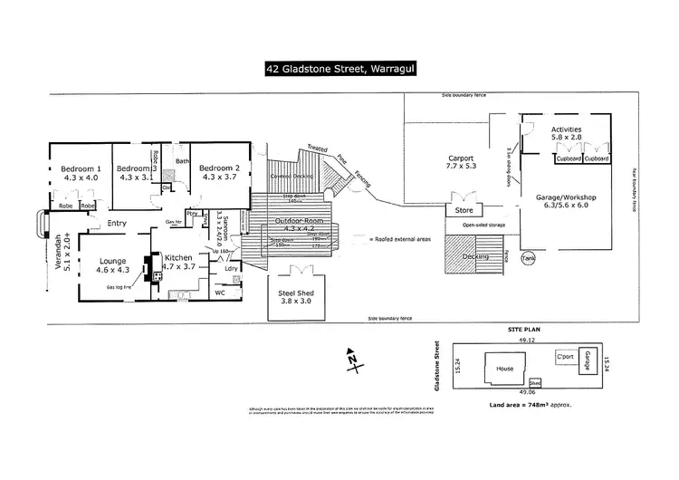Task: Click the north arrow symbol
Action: (351, 360)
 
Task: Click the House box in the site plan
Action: (503, 370)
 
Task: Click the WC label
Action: (218, 293)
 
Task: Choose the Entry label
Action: (116, 223)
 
